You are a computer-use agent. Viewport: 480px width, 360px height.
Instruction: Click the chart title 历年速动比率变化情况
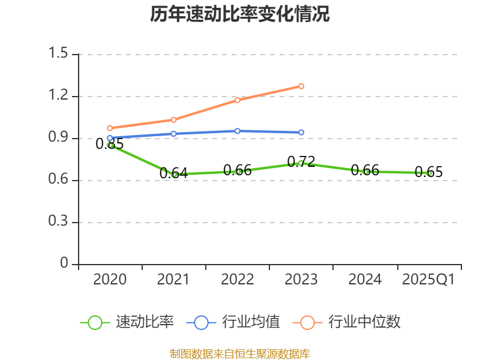(x=240, y=14)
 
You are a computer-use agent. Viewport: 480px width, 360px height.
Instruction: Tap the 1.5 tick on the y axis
(x=60, y=55)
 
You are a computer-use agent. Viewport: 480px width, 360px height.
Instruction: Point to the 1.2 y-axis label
(x=60, y=97)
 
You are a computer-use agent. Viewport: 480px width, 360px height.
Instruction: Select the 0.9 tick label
(x=60, y=139)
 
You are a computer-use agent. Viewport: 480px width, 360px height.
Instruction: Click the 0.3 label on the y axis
(x=60, y=223)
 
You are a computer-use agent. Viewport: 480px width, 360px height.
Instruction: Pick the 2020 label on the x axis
(x=110, y=280)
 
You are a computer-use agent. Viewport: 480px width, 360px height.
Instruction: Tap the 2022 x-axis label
(x=238, y=280)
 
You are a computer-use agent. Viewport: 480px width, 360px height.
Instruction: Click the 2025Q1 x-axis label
(x=428, y=280)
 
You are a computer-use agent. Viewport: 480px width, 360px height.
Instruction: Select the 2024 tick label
(x=365, y=280)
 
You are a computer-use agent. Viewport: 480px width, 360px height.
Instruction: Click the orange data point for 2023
(x=301, y=86)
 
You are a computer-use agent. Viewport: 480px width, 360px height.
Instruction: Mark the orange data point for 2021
(x=174, y=119)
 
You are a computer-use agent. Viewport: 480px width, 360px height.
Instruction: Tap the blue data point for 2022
(x=238, y=131)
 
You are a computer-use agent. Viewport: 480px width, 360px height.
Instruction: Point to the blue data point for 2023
(x=301, y=132)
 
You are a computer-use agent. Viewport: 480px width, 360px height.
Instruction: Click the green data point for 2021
(x=175, y=174)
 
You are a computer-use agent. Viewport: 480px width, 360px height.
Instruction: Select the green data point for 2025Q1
(x=429, y=173)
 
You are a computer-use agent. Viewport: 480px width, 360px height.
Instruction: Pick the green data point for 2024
(x=365, y=172)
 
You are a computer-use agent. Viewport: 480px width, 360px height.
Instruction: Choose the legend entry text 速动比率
(x=145, y=322)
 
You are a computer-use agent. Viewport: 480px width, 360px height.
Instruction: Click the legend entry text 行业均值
(x=251, y=322)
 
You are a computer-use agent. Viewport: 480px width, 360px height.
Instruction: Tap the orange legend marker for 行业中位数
(x=308, y=322)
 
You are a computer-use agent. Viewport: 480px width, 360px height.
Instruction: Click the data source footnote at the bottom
(x=240, y=353)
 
